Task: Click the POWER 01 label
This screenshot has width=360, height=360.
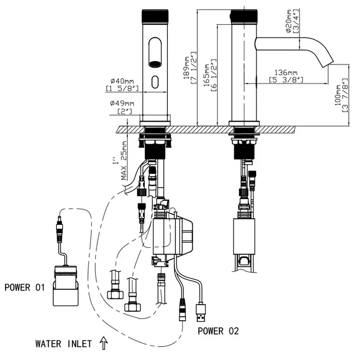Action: [24, 288]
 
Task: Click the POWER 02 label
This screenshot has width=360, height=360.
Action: [218, 331]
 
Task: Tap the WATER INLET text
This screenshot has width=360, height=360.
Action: [62, 344]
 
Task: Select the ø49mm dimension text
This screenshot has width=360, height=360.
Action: [120, 103]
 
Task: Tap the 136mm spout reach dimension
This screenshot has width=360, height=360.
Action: [286, 72]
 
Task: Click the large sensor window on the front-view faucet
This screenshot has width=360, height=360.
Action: [155, 51]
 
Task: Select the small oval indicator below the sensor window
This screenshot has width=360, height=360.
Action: [155, 84]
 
